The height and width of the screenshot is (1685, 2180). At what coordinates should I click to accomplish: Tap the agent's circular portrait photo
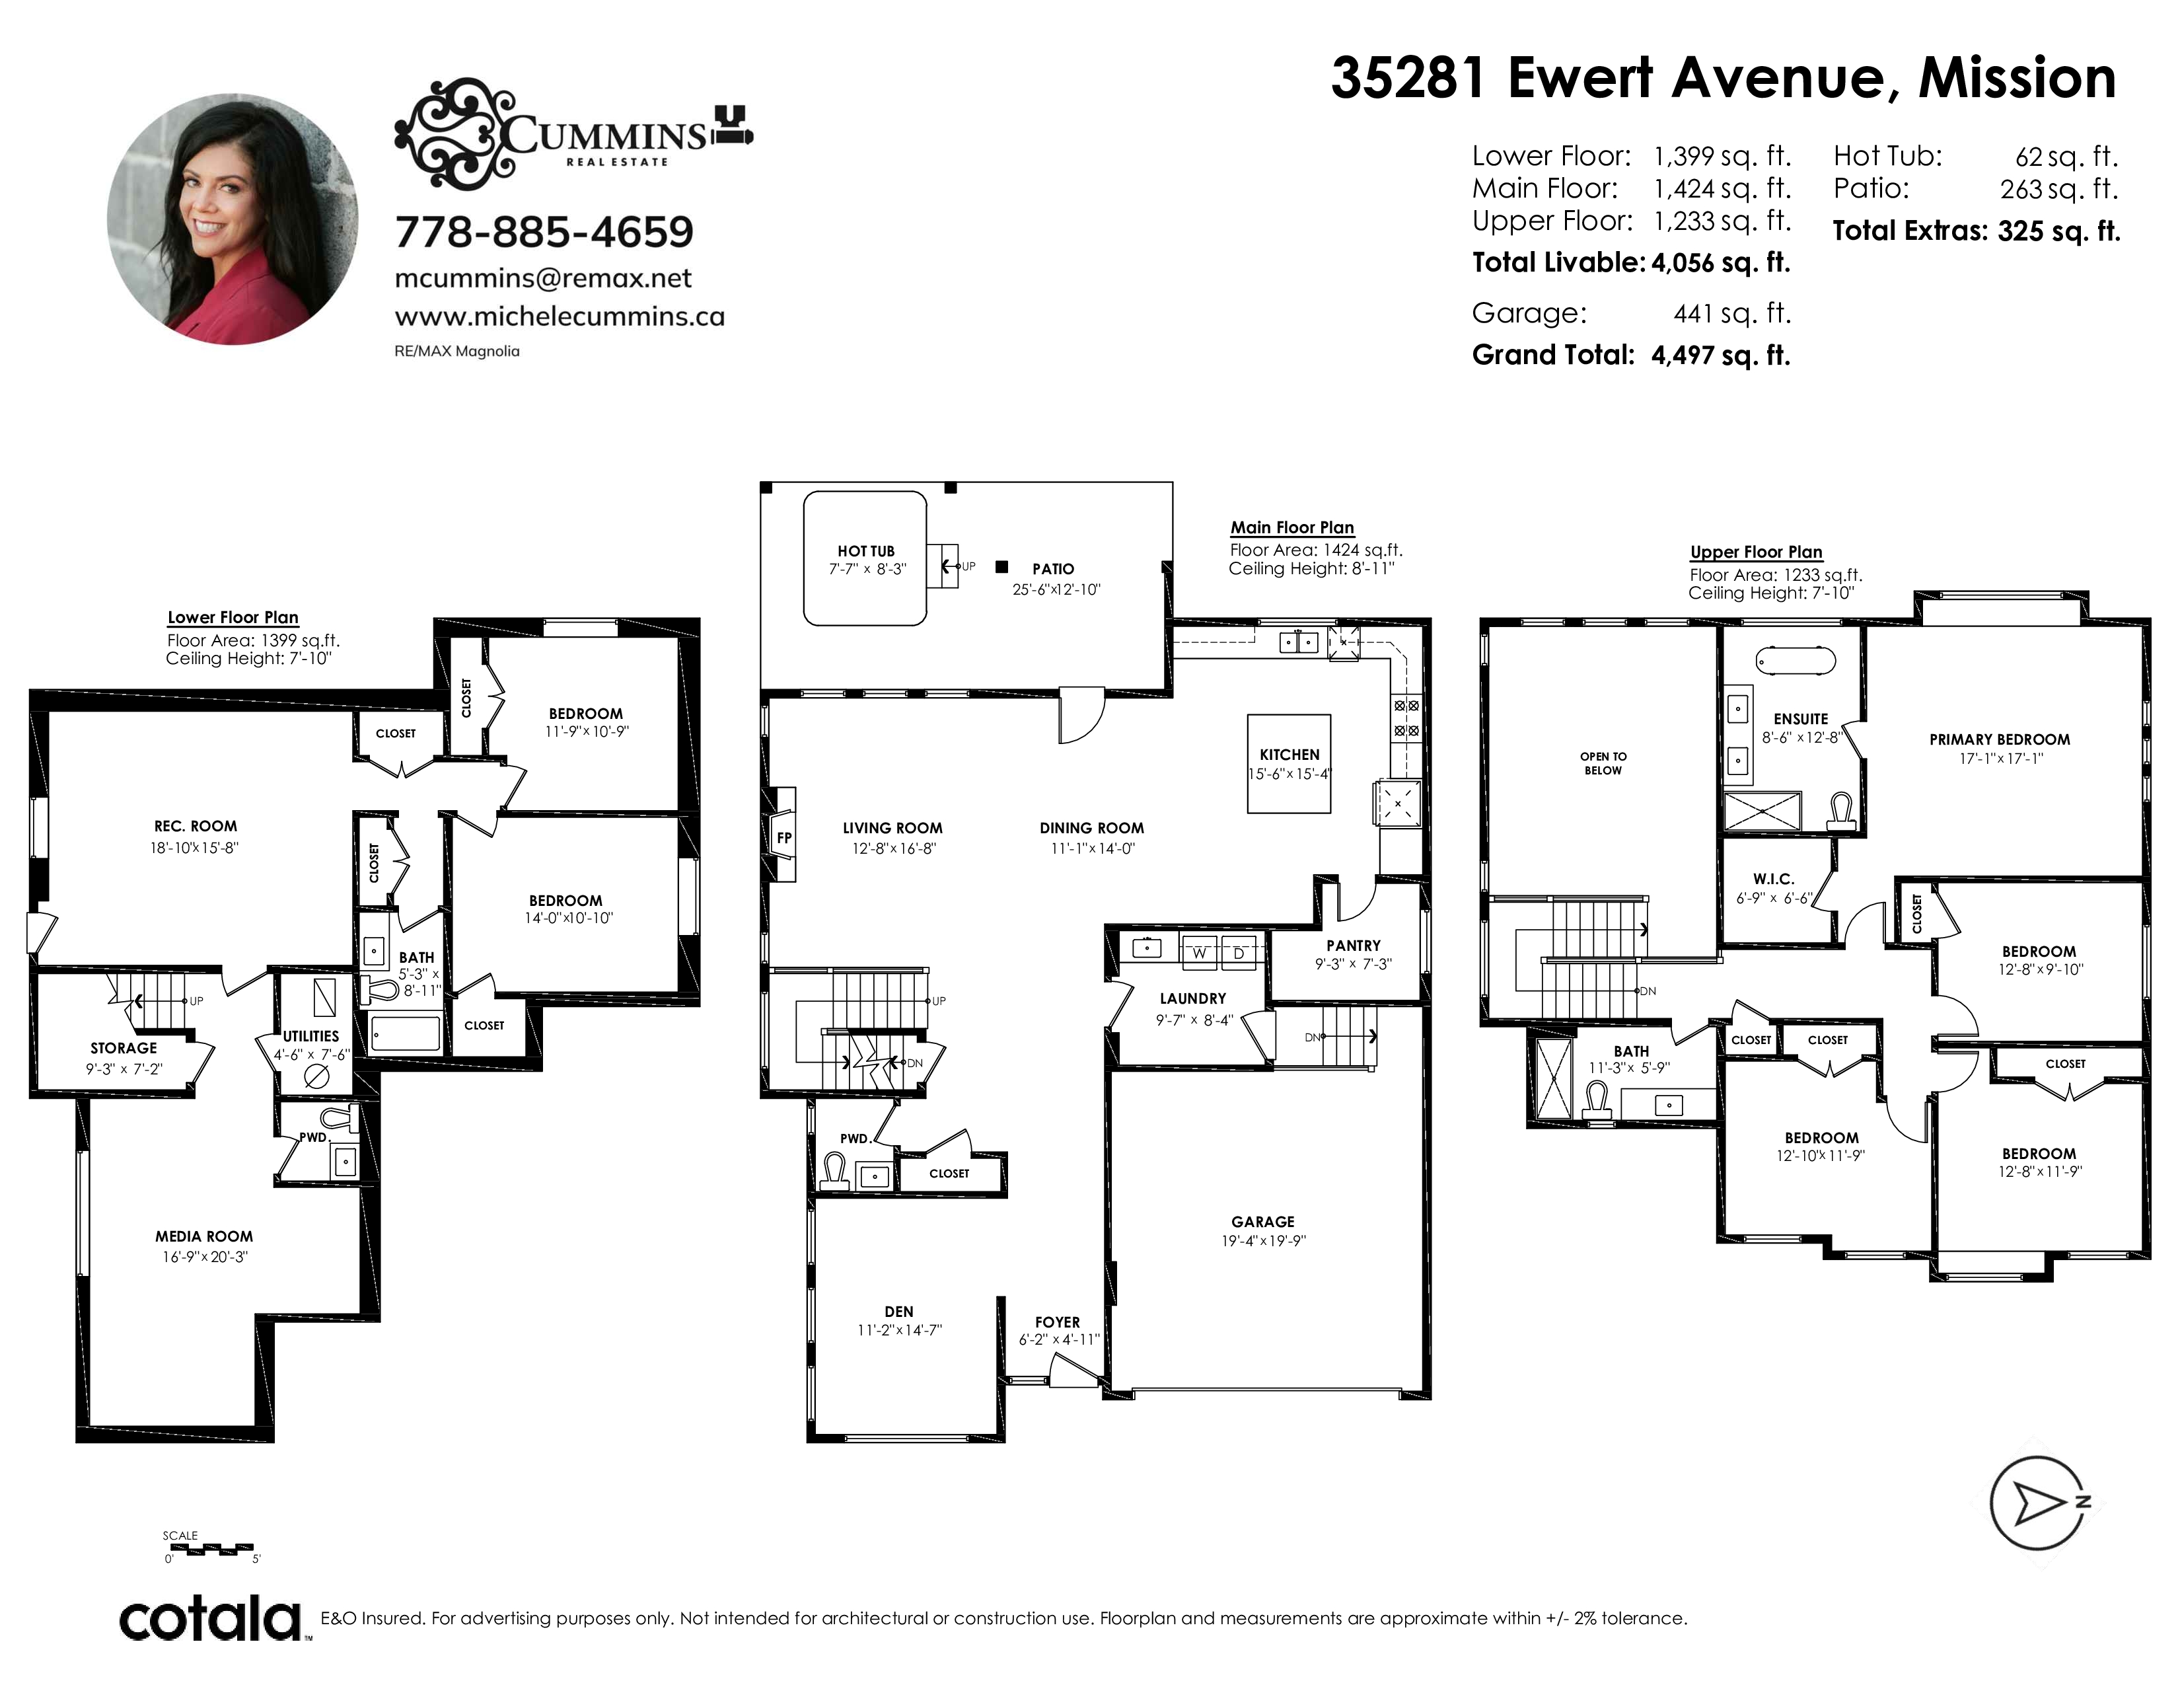[x=233, y=219]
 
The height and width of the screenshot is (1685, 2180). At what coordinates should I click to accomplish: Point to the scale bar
[x=209, y=1548]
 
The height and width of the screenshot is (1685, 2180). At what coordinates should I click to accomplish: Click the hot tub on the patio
[x=865, y=558]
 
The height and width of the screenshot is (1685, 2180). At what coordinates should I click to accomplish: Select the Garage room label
[x=1262, y=1222]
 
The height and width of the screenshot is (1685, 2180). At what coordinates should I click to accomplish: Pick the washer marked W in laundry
[x=1200, y=952]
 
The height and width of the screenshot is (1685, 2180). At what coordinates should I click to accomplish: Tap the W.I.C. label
[x=1774, y=878]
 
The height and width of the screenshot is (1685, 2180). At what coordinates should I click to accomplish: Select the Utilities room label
[x=311, y=1036]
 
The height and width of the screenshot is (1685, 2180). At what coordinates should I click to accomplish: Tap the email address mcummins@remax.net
[x=543, y=278]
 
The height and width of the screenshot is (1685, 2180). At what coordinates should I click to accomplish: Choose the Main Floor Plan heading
[x=1291, y=527]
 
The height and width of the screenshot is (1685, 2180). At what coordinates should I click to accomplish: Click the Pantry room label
[x=1354, y=946]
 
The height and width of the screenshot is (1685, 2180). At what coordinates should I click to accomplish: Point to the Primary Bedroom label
[x=2000, y=739]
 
